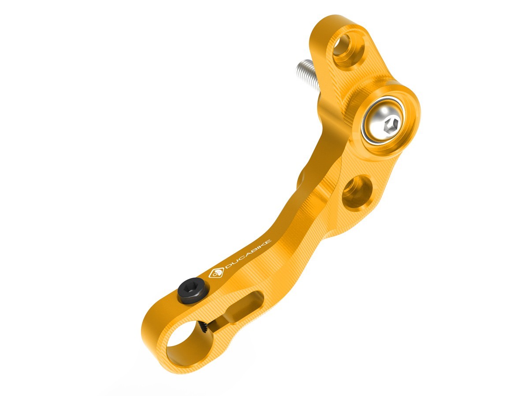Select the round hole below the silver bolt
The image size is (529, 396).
pyautogui.click(x=357, y=192)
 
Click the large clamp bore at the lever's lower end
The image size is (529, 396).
pyautogui.click(x=182, y=343)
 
